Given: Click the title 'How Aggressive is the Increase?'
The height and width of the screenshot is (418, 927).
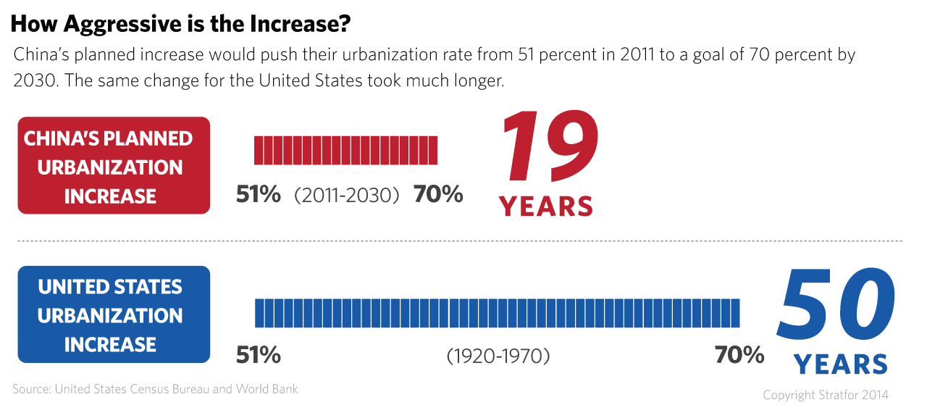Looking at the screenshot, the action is pyautogui.click(x=180, y=25).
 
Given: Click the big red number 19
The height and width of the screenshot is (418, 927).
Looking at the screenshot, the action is pyautogui.click(x=550, y=146).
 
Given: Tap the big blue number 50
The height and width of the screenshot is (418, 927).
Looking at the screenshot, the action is pyautogui.click(x=836, y=304).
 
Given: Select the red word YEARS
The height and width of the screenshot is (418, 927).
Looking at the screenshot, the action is pyautogui.click(x=546, y=206).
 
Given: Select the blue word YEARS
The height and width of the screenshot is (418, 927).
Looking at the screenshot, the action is pyautogui.click(x=841, y=364).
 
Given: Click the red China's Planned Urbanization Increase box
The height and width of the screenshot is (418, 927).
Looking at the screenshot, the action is pyautogui.click(x=114, y=166).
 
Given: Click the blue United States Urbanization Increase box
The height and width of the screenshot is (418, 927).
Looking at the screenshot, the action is pyautogui.click(x=114, y=314).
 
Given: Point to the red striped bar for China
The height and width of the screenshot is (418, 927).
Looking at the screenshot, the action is pyautogui.click(x=345, y=150).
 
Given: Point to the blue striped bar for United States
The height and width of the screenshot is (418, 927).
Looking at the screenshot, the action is pyautogui.click(x=497, y=313).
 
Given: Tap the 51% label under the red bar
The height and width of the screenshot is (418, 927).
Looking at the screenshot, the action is pyautogui.click(x=259, y=194).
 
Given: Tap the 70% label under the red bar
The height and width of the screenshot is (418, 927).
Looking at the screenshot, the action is pyautogui.click(x=438, y=194).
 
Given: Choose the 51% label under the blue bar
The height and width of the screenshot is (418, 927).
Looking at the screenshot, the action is pyautogui.click(x=259, y=355).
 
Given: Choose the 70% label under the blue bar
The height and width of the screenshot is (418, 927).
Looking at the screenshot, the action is pyautogui.click(x=739, y=355).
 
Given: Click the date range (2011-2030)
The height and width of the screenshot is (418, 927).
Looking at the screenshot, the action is pyautogui.click(x=347, y=196).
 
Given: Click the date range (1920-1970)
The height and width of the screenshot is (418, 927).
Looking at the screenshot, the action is pyautogui.click(x=498, y=356).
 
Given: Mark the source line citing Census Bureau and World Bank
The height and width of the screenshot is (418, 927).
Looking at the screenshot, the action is pyautogui.click(x=155, y=390).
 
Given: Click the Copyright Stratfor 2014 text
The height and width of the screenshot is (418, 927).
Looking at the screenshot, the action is pyautogui.click(x=826, y=396).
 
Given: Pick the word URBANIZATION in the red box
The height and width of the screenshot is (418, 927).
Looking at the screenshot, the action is pyautogui.click(x=110, y=167).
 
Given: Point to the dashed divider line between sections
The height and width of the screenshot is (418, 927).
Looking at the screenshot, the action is pyautogui.click(x=460, y=241).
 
